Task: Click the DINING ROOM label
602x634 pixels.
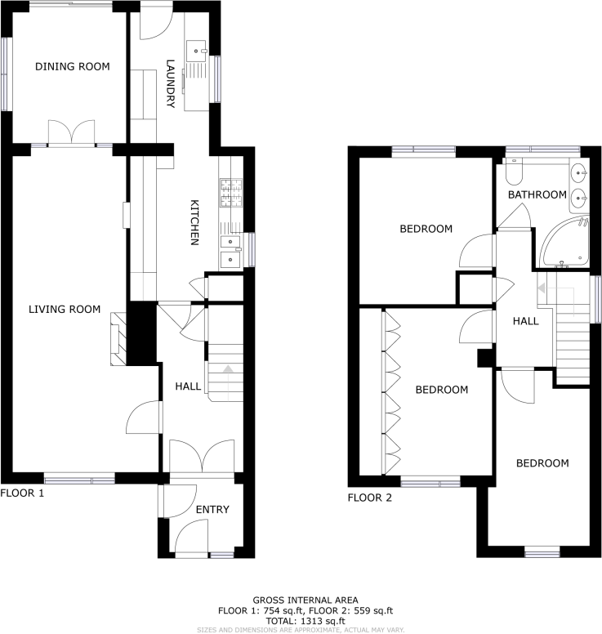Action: (x=72, y=67)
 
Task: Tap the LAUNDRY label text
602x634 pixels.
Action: (x=171, y=83)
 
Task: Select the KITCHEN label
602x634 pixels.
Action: (x=195, y=222)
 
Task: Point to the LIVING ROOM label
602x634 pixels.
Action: (x=65, y=309)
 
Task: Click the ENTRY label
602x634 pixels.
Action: (x=212, y=510)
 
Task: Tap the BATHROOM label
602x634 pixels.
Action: (x=537, y=194)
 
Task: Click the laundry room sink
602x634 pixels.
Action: (x=198, y=51)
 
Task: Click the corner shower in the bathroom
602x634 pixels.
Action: (x=563, y=243)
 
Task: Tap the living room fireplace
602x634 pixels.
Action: (x=117, y=337)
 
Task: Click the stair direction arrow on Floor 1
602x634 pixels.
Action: (x=227, y=371)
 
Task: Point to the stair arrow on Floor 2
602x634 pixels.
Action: (x=541, y=288)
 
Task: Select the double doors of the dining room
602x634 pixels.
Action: (x=73, y=133)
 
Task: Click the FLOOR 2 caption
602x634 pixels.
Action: (x=370, y=497)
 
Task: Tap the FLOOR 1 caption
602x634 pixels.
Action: (x=22, y=493)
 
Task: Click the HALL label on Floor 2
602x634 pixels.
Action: (x=525, y=321)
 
